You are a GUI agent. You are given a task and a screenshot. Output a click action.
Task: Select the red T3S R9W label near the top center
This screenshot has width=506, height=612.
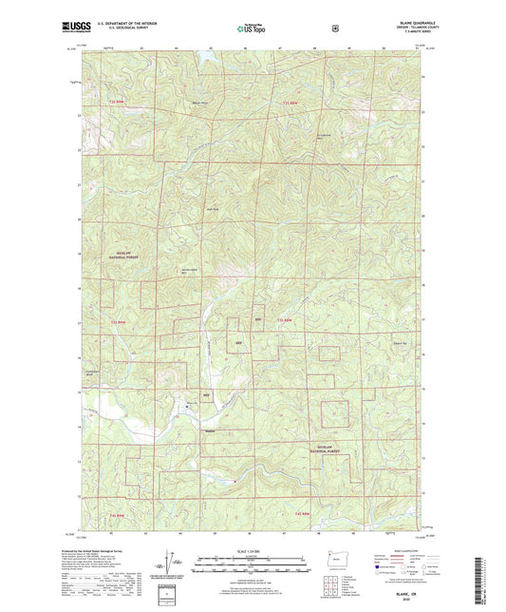click(x=296, y=102)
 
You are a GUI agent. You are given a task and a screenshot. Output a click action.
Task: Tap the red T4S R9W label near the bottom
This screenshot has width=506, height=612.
click(x=304, y=513)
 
